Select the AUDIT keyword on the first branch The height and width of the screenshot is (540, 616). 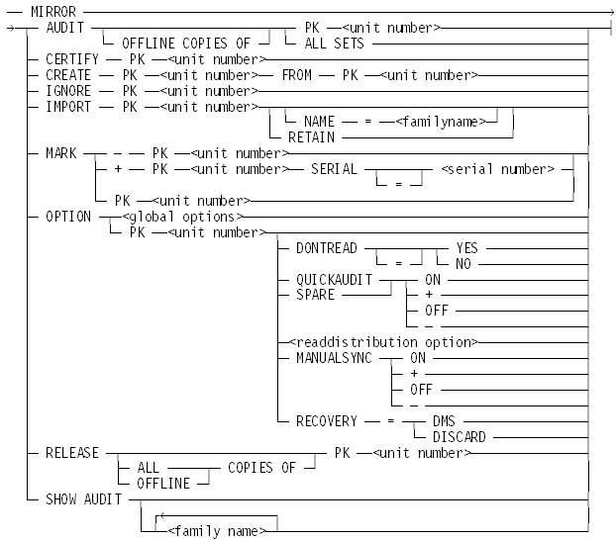point(63,29)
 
